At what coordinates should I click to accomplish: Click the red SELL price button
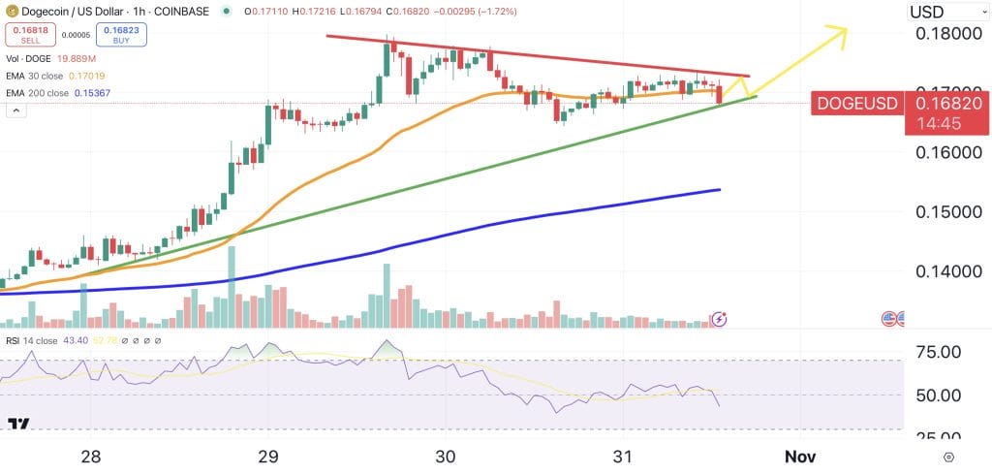[x=30, y=35]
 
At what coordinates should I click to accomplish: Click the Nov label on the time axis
[x=799, y=457]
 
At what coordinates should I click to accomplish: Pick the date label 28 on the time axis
[x=91, y=457]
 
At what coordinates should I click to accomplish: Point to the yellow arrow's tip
[x=847, y=30]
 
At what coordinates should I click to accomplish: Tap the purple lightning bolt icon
[x=719, y=318]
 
